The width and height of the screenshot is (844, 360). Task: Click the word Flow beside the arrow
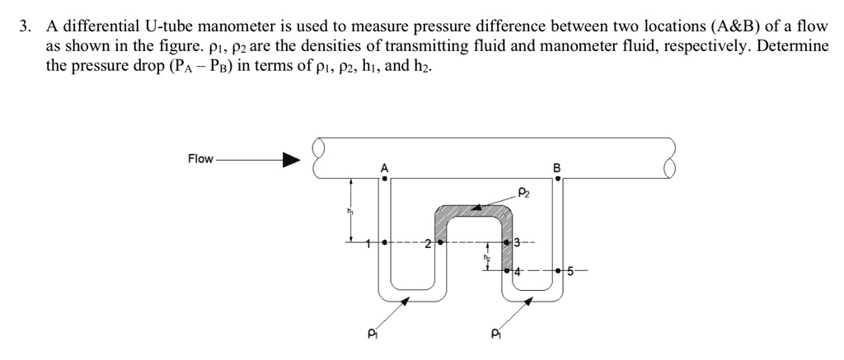pos(200,159)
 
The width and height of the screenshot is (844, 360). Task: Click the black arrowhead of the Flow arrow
pos(292,160)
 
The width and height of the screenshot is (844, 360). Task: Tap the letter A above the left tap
pos(383,169)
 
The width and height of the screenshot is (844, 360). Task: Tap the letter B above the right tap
pos(556,169)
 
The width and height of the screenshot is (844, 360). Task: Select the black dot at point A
pos(383,179)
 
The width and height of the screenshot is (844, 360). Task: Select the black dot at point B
pos(556,179)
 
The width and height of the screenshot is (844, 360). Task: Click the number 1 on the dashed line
pos(369,243)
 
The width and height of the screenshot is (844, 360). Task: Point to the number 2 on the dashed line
pos(427,244)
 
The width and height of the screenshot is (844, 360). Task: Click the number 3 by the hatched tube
pos(517,243)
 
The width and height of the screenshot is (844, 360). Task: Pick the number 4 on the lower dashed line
pos(518,270)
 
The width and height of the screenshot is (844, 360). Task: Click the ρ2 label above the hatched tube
pos(525,192)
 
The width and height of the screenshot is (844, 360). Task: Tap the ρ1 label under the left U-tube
pos(372,334)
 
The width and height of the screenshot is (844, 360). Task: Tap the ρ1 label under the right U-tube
pos(495,334)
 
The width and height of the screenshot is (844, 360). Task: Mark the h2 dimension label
pos(486,259)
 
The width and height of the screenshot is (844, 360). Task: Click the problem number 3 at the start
pos(26,27)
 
